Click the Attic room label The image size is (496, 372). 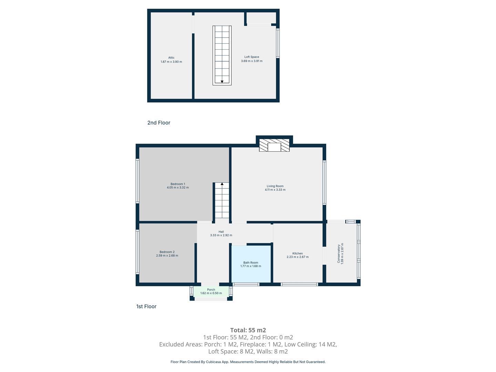click(171, 58)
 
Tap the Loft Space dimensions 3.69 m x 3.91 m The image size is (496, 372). click(251, 61)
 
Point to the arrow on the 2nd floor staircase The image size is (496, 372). click(222, 82)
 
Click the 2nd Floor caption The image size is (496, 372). click(159, 123)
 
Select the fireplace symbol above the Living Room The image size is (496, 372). click(274, 145)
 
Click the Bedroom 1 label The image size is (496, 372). click(178, 184)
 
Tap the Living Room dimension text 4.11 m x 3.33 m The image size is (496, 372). click(275, 190)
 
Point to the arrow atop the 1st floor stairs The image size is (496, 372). click(222, 184)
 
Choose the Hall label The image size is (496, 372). click(221, 231)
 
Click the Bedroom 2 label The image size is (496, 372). click(167, 252)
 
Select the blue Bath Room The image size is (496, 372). click(251, 264)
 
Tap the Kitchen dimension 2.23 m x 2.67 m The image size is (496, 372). click(297, 257)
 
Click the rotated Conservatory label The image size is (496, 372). click(339, 254)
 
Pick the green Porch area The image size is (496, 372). click(211, 292)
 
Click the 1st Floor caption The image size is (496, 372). click(146, 307)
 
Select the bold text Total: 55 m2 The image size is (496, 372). click(248, 330)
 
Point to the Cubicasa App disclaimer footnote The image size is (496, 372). click(248, 362)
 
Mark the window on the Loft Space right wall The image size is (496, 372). click(278, 43)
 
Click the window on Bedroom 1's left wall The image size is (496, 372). click(137, 181)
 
